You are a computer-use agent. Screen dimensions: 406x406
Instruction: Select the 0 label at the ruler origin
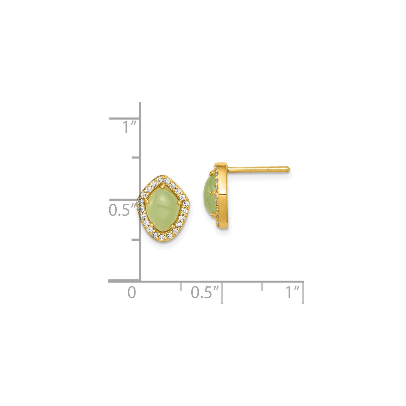pyautogui.click(x=132, y=292)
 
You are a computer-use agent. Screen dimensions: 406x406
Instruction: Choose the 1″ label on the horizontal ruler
pyautogui.click(x=292, y=292)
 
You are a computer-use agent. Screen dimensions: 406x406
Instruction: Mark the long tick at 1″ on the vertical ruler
pyautogui.click(x=124, y=118)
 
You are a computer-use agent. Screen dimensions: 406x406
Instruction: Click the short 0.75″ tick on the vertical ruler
pyautogui.click(x=135, y=157)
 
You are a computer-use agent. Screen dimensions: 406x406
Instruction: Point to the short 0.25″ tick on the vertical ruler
pyautogui.click(x=135, y=240)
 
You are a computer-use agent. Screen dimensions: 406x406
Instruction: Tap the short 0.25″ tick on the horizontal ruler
pyautogui.click(x=181, y=286)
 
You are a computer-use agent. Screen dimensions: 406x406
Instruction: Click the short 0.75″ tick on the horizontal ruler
pyautogui.click(x=262, y=286)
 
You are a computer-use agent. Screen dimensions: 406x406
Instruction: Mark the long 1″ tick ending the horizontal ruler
pyautogui.click(x=303, y=292)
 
